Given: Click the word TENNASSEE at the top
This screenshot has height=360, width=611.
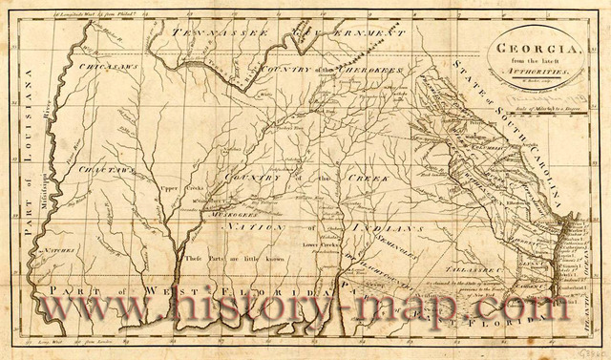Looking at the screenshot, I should point(206,32).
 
